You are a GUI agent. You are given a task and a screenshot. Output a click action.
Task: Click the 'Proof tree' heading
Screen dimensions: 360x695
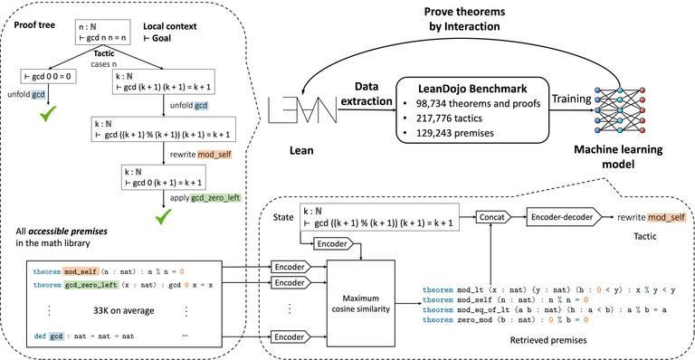click(35, 16)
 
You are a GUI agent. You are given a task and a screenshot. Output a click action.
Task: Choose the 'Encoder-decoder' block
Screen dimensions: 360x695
click(564, 217)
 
